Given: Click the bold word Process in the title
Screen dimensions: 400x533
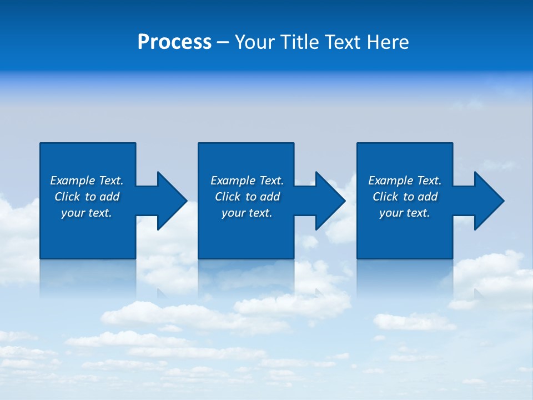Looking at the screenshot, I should [174, 42].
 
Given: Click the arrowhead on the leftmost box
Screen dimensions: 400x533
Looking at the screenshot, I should [170, 201].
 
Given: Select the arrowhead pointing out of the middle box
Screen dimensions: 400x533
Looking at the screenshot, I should [328, 201].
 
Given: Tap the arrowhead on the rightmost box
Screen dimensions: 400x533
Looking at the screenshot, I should [487, 201].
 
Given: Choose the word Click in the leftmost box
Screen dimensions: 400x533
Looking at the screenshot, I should [67, 197].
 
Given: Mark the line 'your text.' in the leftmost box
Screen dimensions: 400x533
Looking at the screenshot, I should [87, 213].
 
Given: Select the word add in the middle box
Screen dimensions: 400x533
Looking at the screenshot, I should [270, 197].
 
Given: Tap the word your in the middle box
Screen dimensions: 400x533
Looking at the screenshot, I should [233, 213].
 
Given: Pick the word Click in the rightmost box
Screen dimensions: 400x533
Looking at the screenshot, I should [385, 197].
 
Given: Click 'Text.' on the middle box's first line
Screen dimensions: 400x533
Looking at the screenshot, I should [271, 181].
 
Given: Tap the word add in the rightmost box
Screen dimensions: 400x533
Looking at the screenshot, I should [428, 197].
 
